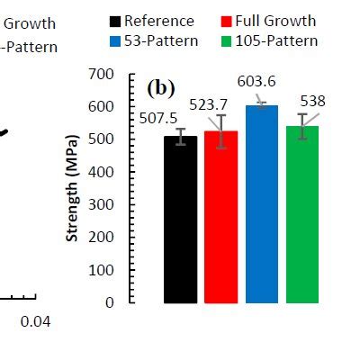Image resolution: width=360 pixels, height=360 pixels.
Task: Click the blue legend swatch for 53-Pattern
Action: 114,41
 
